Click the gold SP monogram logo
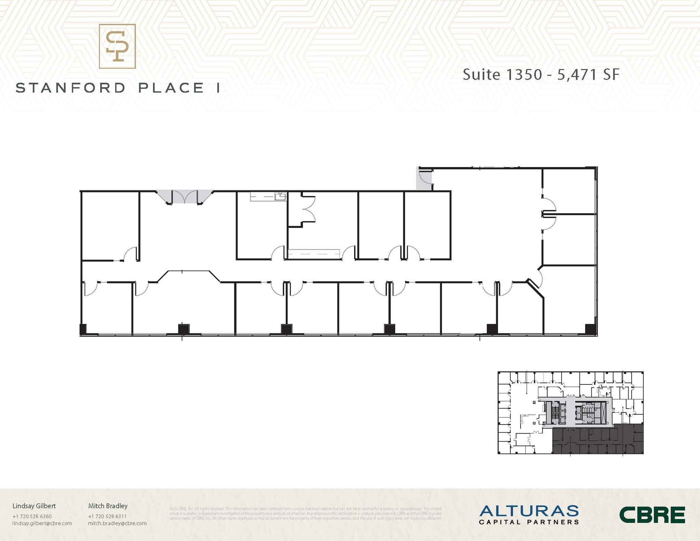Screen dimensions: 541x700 coord(117,46)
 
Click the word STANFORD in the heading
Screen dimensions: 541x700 coord(71,88)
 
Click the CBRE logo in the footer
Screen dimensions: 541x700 coord(652,515)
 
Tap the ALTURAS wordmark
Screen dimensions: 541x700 coord(529,511)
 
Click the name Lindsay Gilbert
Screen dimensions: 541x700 coord(34,506)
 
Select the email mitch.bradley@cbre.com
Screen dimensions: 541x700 coord(117,523)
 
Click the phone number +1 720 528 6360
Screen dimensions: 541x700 coord(32,516)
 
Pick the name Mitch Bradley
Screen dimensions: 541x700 coord(108,506)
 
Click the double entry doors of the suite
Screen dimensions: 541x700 coord(185,197)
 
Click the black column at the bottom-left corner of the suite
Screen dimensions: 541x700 coord(83,329)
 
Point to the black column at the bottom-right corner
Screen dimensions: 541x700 coord(590,329)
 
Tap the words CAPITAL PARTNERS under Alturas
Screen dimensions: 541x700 coord(529,522)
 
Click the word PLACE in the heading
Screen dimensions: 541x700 coord(171,88)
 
